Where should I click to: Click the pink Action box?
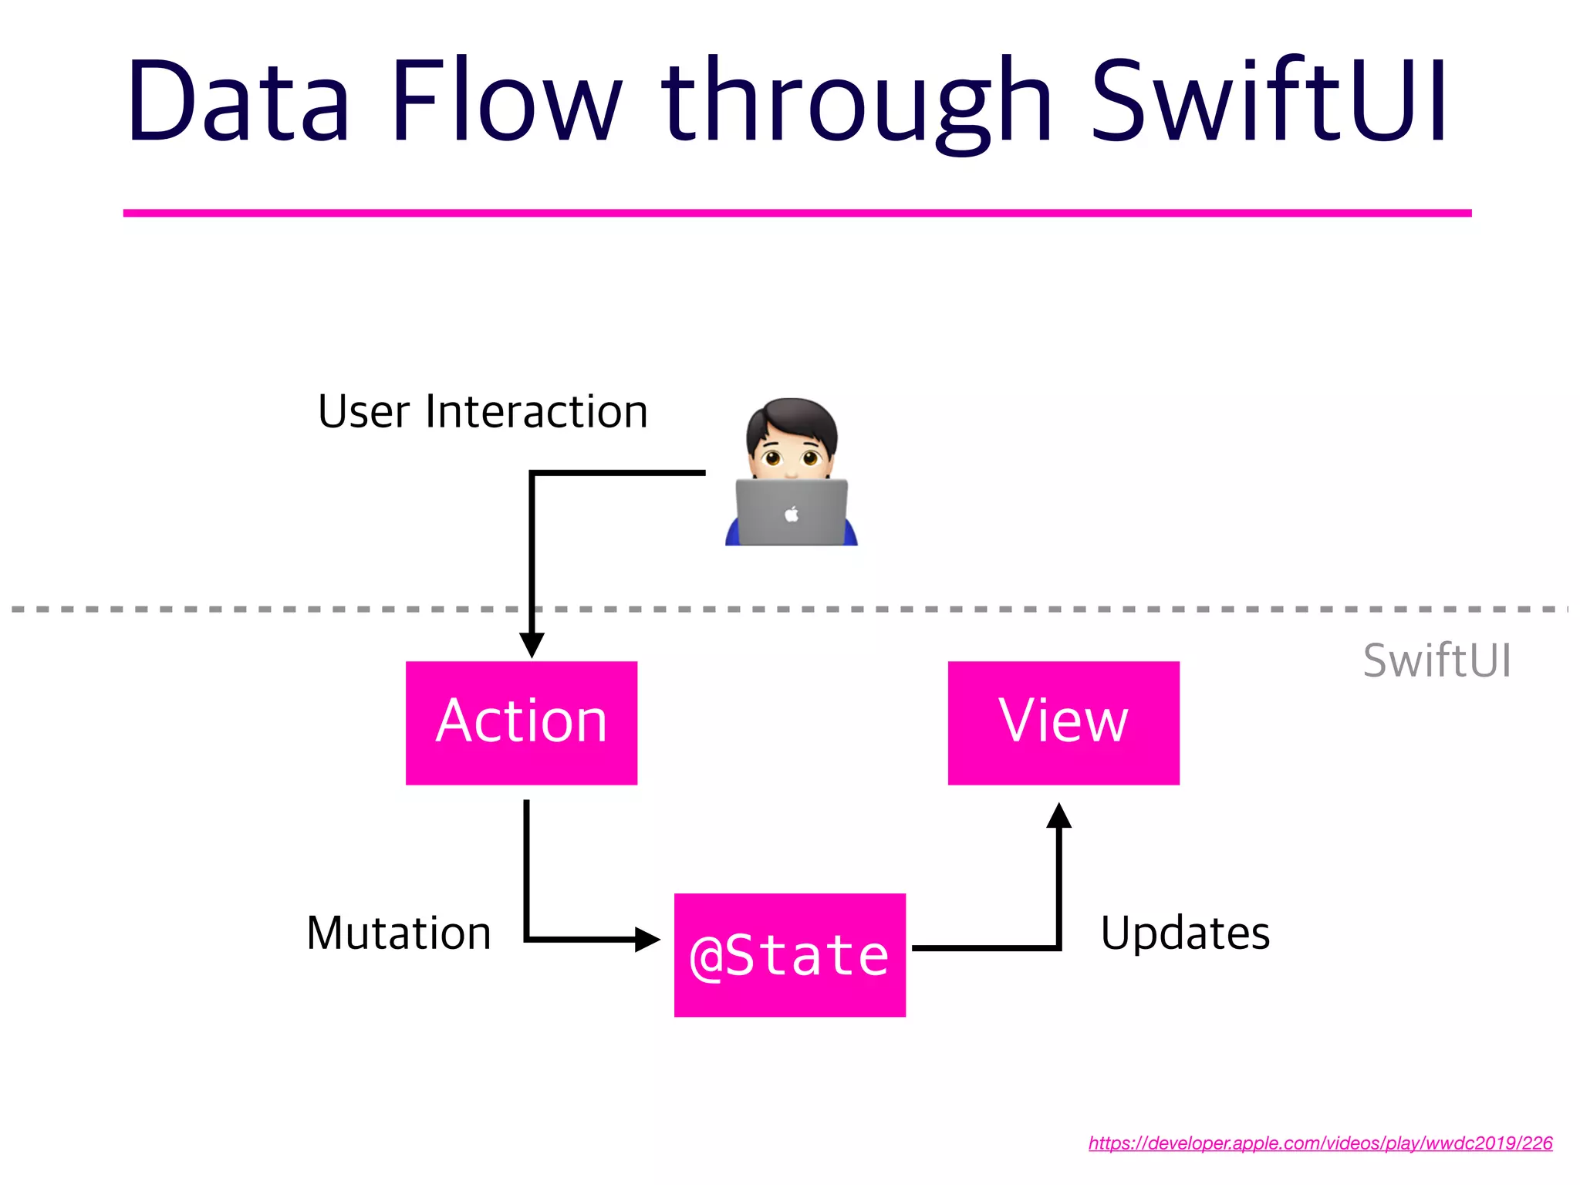pos(522,723)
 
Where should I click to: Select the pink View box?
pos(1063,723)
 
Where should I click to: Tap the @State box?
pos(789,955)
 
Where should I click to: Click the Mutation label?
pos(399,933)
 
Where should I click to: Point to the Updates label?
pos(1185,933)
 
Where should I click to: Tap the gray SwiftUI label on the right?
pos(1437,661)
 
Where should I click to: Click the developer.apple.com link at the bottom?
pos(1320,1143)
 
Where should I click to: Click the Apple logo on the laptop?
pos(792,514)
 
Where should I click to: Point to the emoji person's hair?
pos(792,417)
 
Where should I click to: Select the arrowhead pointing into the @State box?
pos(647,939)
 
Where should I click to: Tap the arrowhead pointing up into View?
pos(1059,816)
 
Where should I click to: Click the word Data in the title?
pos(239,102)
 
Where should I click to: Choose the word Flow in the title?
pos(505,102)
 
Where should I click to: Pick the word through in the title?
pos(856,102)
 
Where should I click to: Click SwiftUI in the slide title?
pos(1269,102)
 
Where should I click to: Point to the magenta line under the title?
pos(797,213)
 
